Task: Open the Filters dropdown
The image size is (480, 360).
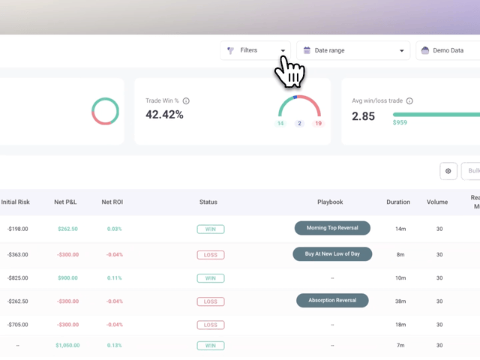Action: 255,50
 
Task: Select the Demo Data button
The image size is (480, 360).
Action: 448,50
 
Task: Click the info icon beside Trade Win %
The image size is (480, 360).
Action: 186,101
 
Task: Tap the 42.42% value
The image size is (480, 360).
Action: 164,115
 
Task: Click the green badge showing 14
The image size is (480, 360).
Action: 280,123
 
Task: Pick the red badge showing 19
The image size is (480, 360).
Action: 319,123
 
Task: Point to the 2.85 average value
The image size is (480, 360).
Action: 363,116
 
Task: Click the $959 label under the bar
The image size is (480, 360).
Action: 400,122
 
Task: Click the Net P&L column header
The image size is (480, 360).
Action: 65,202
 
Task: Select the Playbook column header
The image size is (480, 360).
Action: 330,202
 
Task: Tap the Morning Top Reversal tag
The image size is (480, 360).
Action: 332,228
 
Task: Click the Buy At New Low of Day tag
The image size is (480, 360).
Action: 332,254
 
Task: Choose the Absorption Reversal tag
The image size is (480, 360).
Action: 332,301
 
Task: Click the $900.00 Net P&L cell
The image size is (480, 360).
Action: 67,278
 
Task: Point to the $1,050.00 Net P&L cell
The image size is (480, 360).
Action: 67,346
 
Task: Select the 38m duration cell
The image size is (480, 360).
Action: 400,301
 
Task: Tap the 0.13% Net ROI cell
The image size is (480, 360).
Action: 115,346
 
